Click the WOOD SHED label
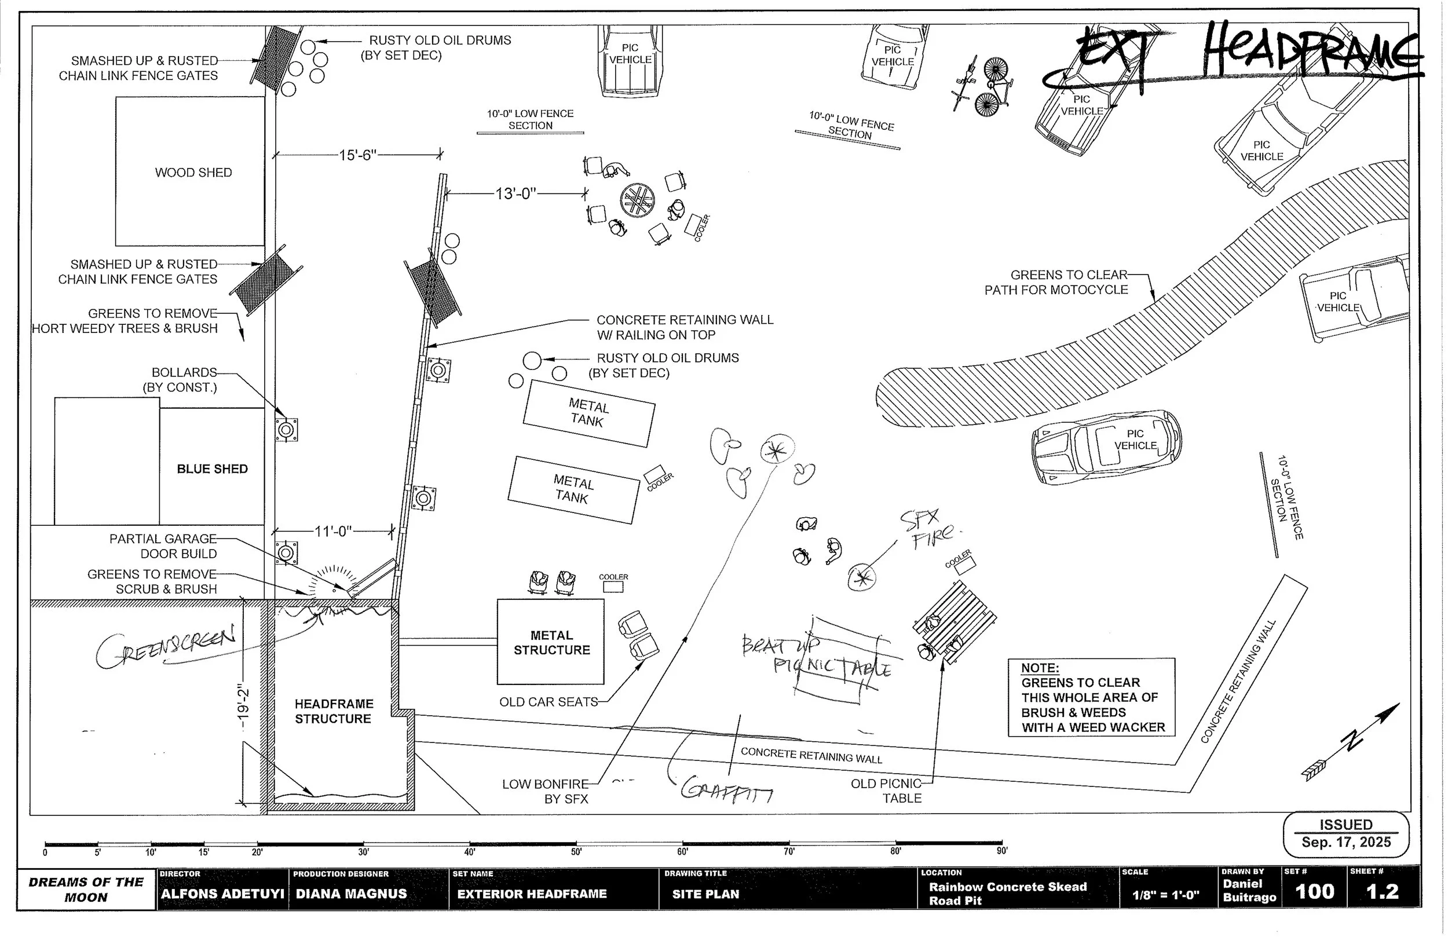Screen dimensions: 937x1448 click(193, 173)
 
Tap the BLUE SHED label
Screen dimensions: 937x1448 click(212, 469)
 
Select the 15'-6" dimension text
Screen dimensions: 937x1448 click(358, 155)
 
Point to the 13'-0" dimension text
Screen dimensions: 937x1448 click(515, 194)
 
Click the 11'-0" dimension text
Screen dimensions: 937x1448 click(333, 532)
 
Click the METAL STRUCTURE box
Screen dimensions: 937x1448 click(551, 642)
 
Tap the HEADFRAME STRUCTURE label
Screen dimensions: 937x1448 click(334, 711)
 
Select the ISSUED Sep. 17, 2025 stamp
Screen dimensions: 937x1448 click(1346, 833)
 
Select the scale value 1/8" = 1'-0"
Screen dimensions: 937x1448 click(1165, 895)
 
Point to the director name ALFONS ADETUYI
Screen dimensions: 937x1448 click(222, 894)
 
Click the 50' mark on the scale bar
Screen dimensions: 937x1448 click(576, 852)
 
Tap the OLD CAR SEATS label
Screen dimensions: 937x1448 click(548, 702)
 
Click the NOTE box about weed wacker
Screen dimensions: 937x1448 click(1091, 698)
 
